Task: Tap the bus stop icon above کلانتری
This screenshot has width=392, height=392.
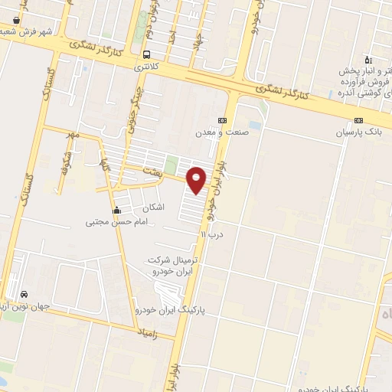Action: click(145, 54)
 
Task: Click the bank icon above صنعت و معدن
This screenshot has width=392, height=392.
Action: click(223, 120)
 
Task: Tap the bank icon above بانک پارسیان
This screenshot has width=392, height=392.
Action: click(359, 120)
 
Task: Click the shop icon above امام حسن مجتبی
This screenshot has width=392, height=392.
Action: click(116, 210)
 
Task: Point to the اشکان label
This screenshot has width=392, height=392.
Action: click(153, 207)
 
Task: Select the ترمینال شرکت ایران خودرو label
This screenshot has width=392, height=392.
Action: click(175, 266)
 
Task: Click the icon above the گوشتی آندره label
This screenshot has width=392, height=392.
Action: click(367, 60)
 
